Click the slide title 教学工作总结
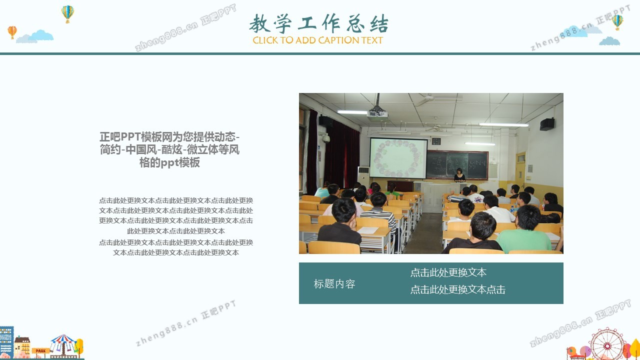318,23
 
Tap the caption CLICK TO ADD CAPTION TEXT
317,40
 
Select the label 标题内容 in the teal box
334,283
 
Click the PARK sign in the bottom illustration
40,351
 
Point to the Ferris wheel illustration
607,344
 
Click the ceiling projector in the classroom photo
377,111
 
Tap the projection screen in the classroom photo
398,158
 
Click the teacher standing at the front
459,175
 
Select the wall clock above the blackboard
436,141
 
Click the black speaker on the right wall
547,124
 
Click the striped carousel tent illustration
63,344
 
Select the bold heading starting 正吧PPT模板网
169,149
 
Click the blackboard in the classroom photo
457,164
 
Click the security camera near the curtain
325,138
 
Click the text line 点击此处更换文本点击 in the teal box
457,289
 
